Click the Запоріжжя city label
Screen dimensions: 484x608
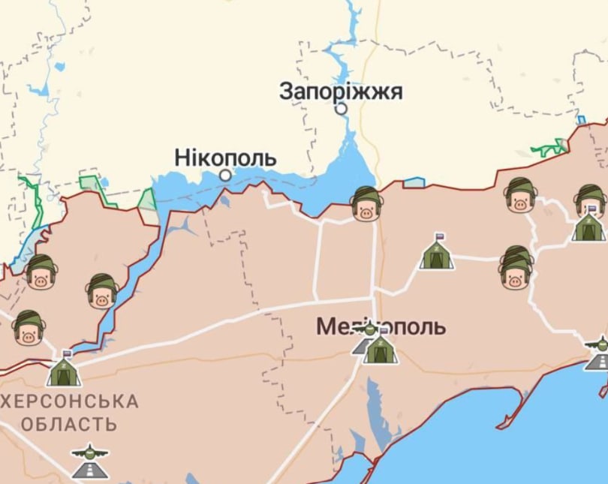[341, 92]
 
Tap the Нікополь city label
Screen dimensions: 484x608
[225, 158]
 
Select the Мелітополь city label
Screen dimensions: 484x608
[381, 326]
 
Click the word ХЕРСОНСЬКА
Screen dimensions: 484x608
[70, 401]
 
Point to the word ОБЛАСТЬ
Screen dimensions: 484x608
[69, 424]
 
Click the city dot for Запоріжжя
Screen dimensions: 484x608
[342, 109]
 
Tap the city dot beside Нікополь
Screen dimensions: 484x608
[225, 175]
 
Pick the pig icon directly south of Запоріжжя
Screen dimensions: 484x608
[366, 205]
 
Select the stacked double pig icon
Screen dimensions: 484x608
[516, 268]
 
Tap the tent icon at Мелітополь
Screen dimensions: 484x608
[379, 348]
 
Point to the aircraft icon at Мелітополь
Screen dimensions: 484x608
[367, 328]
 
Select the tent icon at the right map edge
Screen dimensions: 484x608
[588, 226]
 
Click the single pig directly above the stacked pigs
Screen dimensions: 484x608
[519, 195]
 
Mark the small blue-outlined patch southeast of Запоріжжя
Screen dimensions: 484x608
[414, 182]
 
